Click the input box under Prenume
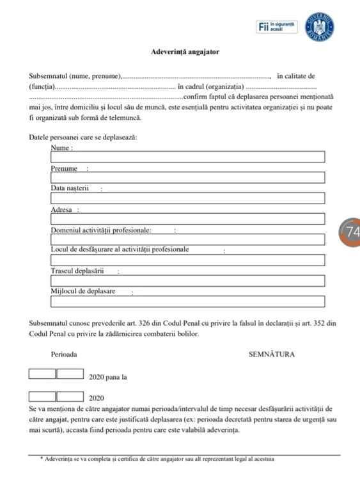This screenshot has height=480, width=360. tap(188, 178)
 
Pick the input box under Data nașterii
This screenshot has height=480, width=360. tap(188, 198)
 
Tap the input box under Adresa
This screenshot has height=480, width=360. tap(188, 219)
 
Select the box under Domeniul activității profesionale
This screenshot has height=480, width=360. tap(188, 239)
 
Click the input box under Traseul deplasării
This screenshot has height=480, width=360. tap(188, 280)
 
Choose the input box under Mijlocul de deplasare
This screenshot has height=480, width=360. tap(188, 301)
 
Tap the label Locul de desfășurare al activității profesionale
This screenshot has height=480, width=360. tap(120, 250)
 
